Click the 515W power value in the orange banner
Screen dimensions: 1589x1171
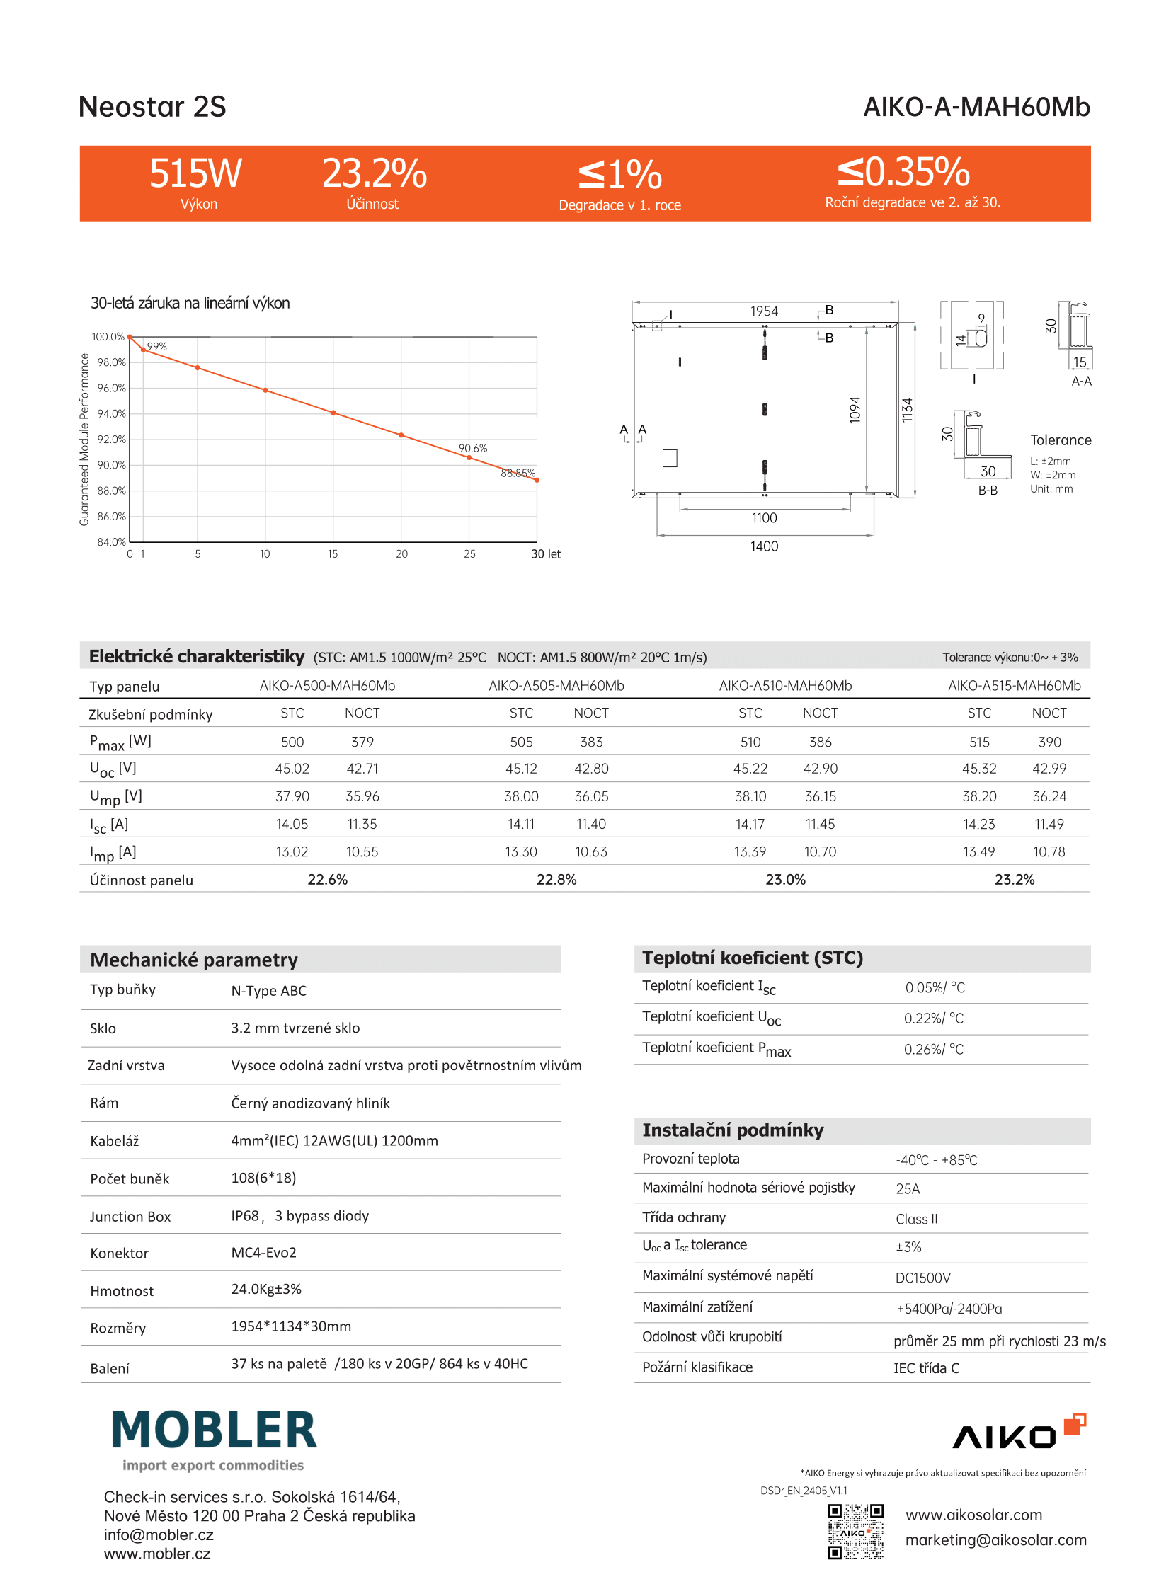pyautogui.click(x=195, y=173)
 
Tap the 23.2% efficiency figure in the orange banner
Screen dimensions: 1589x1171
pyautogui.click(x=375, y=173)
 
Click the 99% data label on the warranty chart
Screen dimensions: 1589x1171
pyautogui.click(x=156, y=347)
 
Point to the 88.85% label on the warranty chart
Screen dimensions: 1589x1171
pyautogui.click(x=518, y=473)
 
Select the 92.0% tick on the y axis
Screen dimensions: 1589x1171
pyautogui.click(x=111, y=440)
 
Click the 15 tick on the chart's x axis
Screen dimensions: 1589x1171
pyautogui.click(x=333, y=554)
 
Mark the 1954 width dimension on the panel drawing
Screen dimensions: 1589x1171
pyautogui.click(x=764, y=311)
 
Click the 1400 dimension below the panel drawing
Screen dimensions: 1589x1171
pyautogui.click(x=764, y=546)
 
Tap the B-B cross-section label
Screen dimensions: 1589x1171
pyautogui.click(x=988, y=491)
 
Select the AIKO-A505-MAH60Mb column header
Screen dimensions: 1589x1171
pyautogui.click(x=556, y=685)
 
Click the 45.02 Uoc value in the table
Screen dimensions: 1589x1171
pyautogui.click(x=292, y=769)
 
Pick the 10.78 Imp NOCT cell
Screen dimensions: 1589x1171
pyautogui.click(x=1049, y=852)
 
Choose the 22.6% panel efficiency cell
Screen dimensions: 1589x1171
pyautogui.click(x=328, y=880)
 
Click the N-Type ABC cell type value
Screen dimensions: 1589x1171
pyautogui.click(x=268, y=991)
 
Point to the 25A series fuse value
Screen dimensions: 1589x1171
pyautogui.click(x=908, y=1189)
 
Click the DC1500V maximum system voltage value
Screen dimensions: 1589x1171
pyautogui.click(x=923, y=1278)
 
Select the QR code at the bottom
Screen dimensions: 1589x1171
pyautogui.click(x=855, y=1532)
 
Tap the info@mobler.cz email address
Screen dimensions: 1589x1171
pyautogui.click(x=159, y=1534)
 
